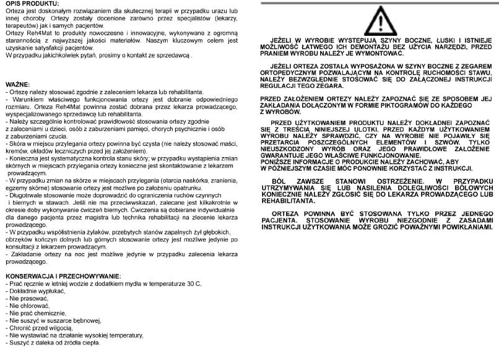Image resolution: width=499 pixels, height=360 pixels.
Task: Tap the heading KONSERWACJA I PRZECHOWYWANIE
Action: [63, 275]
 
